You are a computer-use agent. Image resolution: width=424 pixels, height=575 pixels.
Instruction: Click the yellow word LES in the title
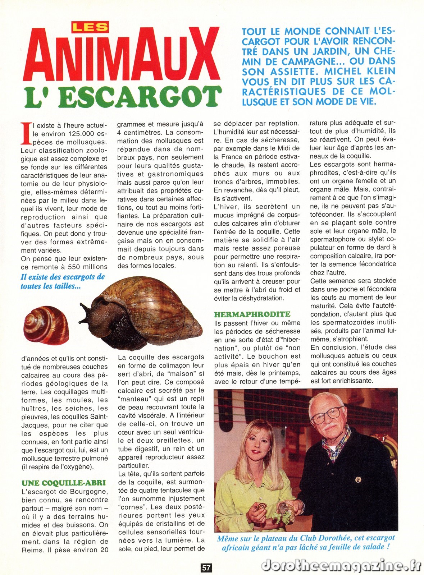pos(90,27)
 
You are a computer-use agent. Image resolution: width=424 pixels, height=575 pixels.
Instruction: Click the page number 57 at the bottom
pos(206,567)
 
